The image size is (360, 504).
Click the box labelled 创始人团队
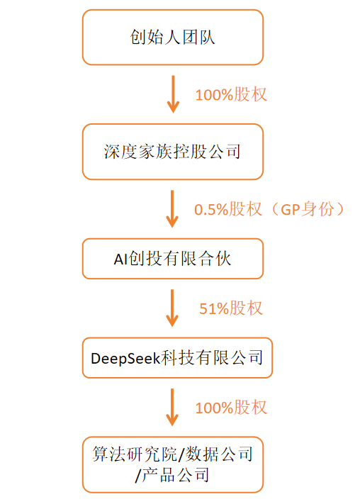tap(173, 38)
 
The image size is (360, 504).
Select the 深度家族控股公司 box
tap(173, 152)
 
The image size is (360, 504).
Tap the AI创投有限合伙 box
tap(173, 259)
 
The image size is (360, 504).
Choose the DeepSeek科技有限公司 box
tap(176, 358)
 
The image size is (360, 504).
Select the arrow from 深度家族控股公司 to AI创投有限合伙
tap(173, 208)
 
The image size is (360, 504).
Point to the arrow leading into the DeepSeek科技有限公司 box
tap(173, 308)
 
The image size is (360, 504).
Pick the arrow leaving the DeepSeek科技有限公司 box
tap(173, 408)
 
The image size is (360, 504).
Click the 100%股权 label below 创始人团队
tap(231, 94)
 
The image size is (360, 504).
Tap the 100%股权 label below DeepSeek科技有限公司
tap(231, 408)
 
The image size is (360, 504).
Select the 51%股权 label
tap(231, 308)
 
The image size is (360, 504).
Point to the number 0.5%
tap(210, 210)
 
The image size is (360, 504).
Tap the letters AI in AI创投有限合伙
tap(120, 259)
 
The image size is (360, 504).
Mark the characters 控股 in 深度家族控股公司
tap(186, 152)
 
